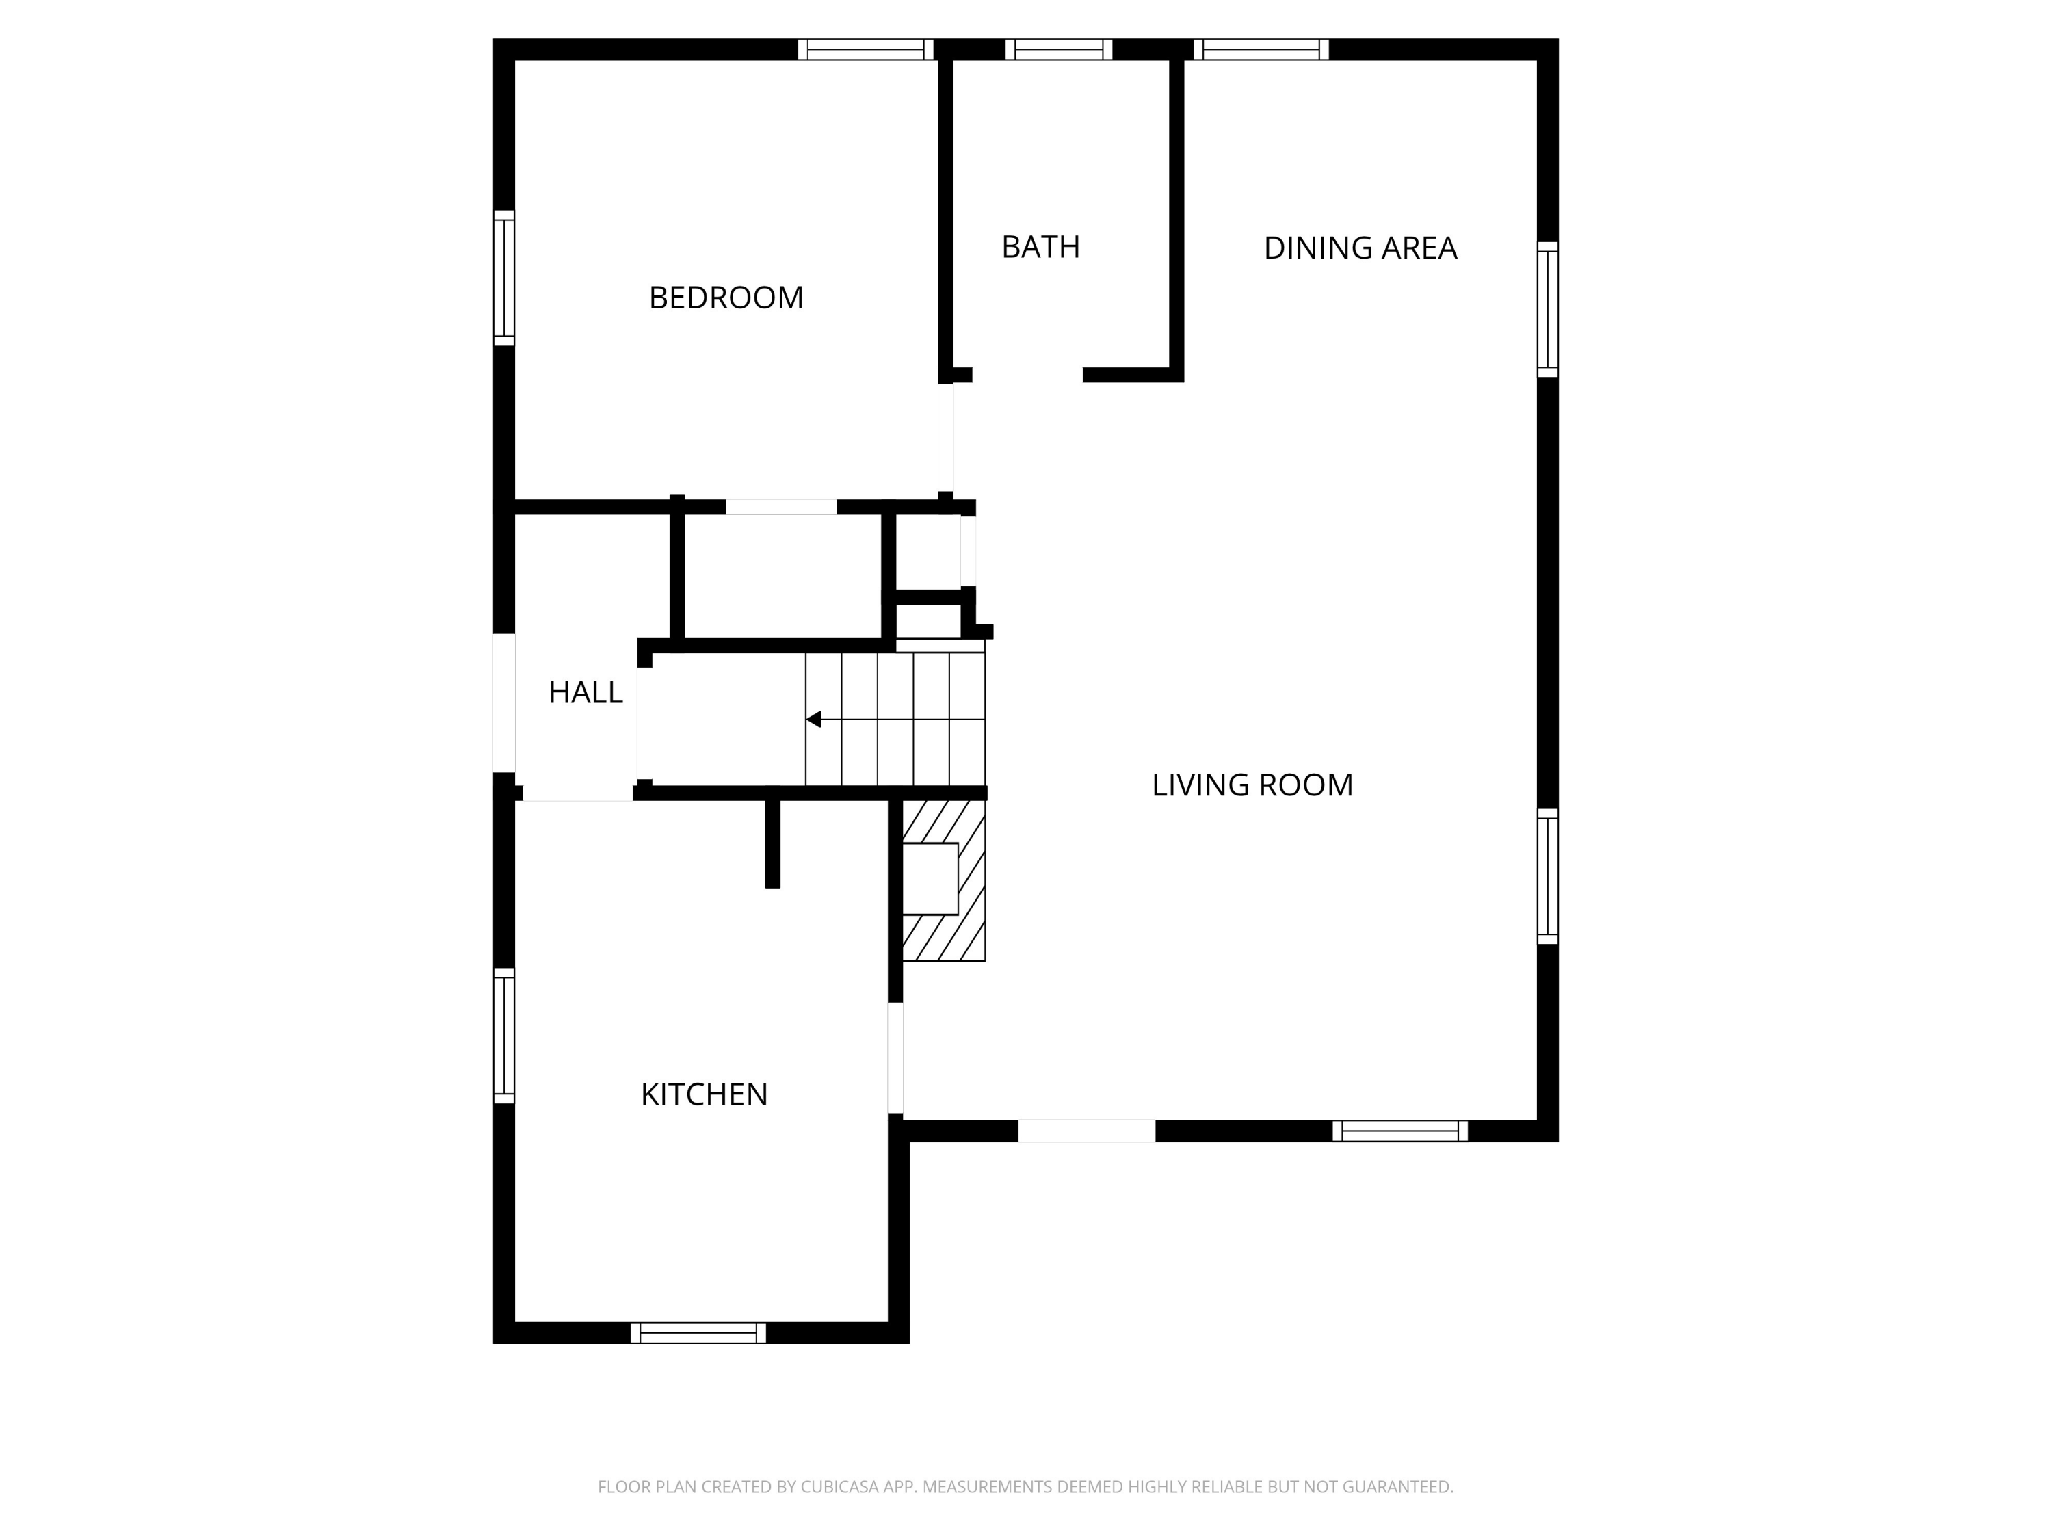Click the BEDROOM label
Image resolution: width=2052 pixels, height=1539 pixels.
(x=726, y=298)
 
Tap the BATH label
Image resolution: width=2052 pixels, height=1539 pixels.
(x=1040, y=247)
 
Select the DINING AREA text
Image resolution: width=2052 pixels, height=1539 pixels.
(x=1360, y=248)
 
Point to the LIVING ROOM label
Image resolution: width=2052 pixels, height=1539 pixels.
(x=1252, y=785)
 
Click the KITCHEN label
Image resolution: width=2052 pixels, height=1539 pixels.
(x=704, y=1094)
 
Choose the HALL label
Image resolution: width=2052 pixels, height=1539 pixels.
(x=586, y=692)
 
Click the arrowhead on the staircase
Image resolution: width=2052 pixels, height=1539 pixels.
(x=813, y=720)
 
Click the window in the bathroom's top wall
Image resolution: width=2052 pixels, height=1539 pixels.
(x=1058, y=49)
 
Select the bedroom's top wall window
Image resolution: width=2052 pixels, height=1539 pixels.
(x=865, y=49)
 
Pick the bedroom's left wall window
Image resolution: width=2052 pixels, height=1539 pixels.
(x=503, y=278)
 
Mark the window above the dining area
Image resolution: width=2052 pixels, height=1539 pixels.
(x=1261, y=49)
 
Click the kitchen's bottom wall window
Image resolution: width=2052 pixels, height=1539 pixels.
(x=698, y=1333)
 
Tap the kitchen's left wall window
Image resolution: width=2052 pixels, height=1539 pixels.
(x=503, y=1036)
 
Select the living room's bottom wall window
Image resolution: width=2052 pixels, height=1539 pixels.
(x=1400, y=1131)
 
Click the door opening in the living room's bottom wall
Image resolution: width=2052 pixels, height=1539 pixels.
(x=1086, y=1131)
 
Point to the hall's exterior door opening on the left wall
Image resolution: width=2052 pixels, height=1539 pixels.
(x=503, y=702)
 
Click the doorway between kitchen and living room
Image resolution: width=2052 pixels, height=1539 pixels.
(x=895, y=1057)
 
